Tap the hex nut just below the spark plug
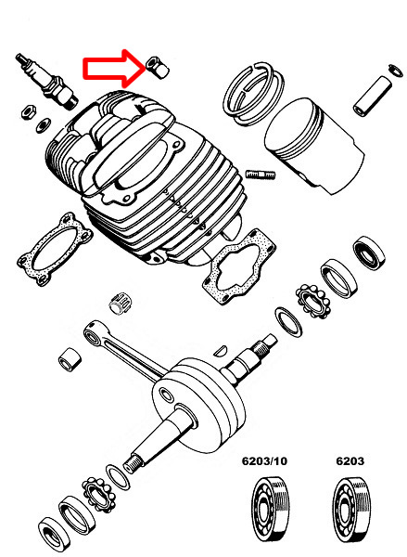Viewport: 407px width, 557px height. [28, 111]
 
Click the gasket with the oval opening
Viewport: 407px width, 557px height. [55, 243]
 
